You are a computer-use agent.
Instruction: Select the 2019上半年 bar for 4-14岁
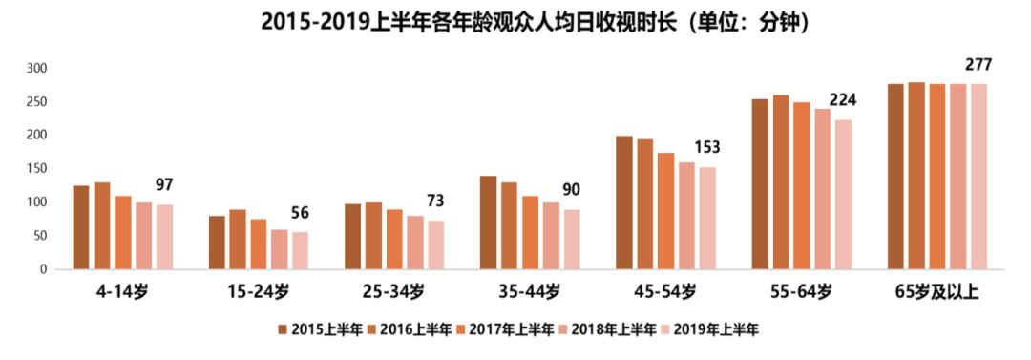165,237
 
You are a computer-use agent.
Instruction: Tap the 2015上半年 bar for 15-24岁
218,243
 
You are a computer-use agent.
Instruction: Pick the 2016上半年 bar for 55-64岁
781,182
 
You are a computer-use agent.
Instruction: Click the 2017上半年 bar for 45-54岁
665,211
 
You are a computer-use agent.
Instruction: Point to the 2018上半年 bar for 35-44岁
551,235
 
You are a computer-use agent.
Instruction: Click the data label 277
978,65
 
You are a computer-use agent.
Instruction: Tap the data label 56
301,213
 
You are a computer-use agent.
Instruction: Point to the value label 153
707,147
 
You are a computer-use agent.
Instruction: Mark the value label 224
843,100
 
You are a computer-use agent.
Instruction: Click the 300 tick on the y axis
37,69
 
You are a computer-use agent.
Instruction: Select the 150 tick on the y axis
37,169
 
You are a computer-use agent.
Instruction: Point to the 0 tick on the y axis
43,269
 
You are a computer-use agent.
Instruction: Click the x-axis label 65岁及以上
937,290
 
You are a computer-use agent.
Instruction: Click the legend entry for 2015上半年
319,329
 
